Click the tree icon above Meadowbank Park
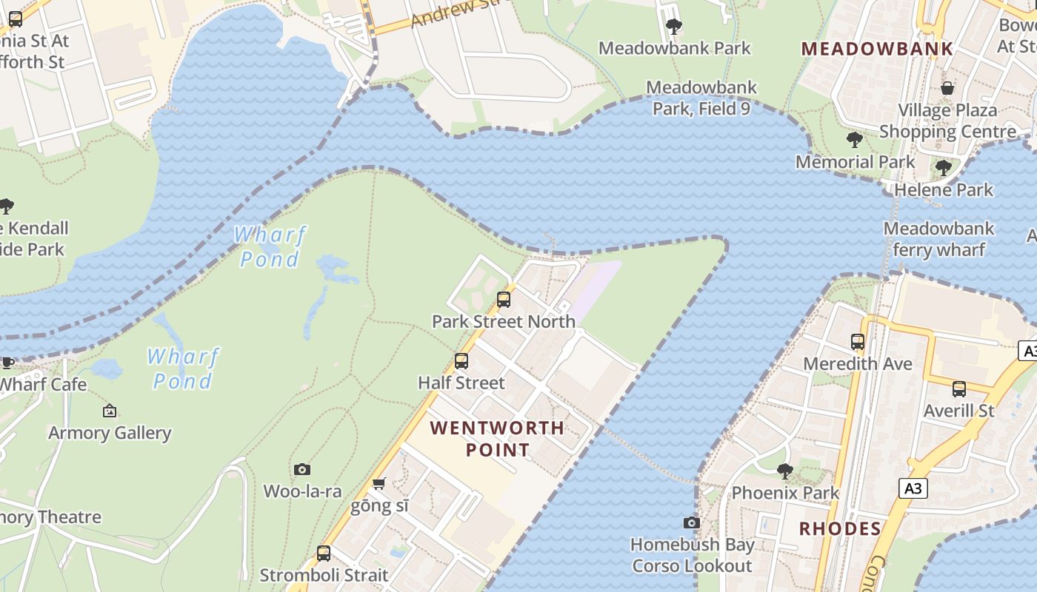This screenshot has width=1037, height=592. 673,27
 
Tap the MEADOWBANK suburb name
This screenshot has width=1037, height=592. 877,49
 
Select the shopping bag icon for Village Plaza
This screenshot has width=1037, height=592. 947,89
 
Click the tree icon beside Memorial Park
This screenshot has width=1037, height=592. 854,139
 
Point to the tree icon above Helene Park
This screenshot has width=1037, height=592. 943,168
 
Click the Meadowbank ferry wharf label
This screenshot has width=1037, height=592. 938,239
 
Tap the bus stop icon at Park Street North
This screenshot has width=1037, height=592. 504,300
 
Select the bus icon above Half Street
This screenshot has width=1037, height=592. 461,361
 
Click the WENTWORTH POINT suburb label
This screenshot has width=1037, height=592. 497,438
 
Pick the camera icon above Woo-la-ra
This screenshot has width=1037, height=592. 301,469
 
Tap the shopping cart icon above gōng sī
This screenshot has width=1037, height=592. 379,484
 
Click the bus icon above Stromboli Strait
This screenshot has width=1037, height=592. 324,553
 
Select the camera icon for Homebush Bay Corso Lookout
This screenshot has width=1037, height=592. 692,522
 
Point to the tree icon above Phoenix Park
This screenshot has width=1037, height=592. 785,471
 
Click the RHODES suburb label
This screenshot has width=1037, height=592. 840,528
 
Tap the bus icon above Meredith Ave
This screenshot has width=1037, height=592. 858,342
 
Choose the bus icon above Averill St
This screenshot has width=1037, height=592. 959,388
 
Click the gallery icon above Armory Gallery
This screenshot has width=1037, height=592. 110,410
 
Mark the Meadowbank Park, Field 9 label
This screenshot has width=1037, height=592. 701,98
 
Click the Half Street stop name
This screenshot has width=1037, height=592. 461,383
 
